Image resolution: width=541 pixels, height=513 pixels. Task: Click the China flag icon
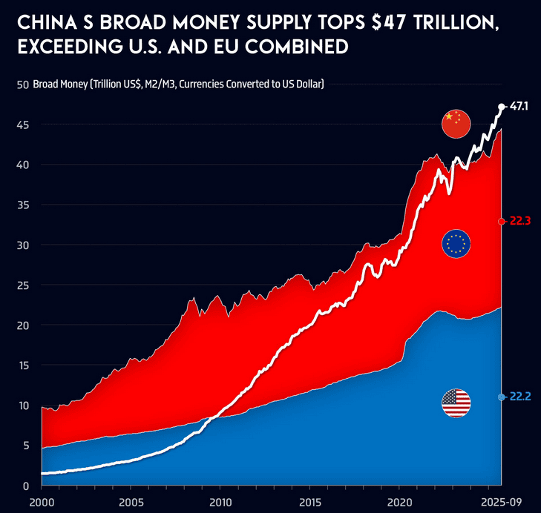tap(456, 124)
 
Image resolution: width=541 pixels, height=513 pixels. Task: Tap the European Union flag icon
tap(456, 243)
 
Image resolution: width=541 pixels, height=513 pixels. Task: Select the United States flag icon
tap(456, 403)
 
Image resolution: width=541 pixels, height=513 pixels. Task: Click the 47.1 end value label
tap(519, 107)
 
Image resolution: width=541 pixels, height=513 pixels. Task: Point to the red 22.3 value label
tap(519, 222)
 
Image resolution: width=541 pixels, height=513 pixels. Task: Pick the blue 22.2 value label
tap(519, 397)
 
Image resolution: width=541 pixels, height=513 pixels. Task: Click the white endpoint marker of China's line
tap(502, 107)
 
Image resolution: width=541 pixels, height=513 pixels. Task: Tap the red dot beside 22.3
tap(502, 222)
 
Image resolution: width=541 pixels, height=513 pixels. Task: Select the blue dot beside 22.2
tap(502, 397)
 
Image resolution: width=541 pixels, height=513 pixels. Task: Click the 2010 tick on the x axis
tap(220, 501)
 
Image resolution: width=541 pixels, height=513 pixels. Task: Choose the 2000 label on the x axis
tap(42, 501)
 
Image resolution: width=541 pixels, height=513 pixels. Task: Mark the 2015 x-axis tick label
tap(309, 501)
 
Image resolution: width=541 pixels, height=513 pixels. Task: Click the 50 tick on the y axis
tap(22, 85)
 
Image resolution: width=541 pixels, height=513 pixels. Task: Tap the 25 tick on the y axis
tap(22, 285)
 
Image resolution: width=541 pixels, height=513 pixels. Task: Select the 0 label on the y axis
tap(26, 486)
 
